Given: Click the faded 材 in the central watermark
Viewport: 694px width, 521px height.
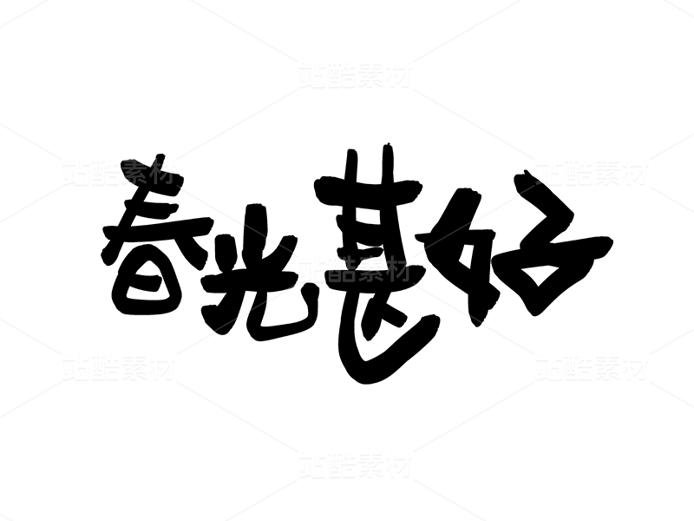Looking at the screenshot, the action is pyautogui.click(x=398, y=269).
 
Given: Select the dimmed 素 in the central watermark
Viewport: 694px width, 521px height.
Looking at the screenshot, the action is pyautogui.click(x=370, y=269).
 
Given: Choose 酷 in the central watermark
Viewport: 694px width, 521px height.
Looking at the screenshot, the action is pyautogui.click(x=341, y=269).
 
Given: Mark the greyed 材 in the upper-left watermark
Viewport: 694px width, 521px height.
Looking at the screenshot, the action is pyautogui.click(x=162, y=172).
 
